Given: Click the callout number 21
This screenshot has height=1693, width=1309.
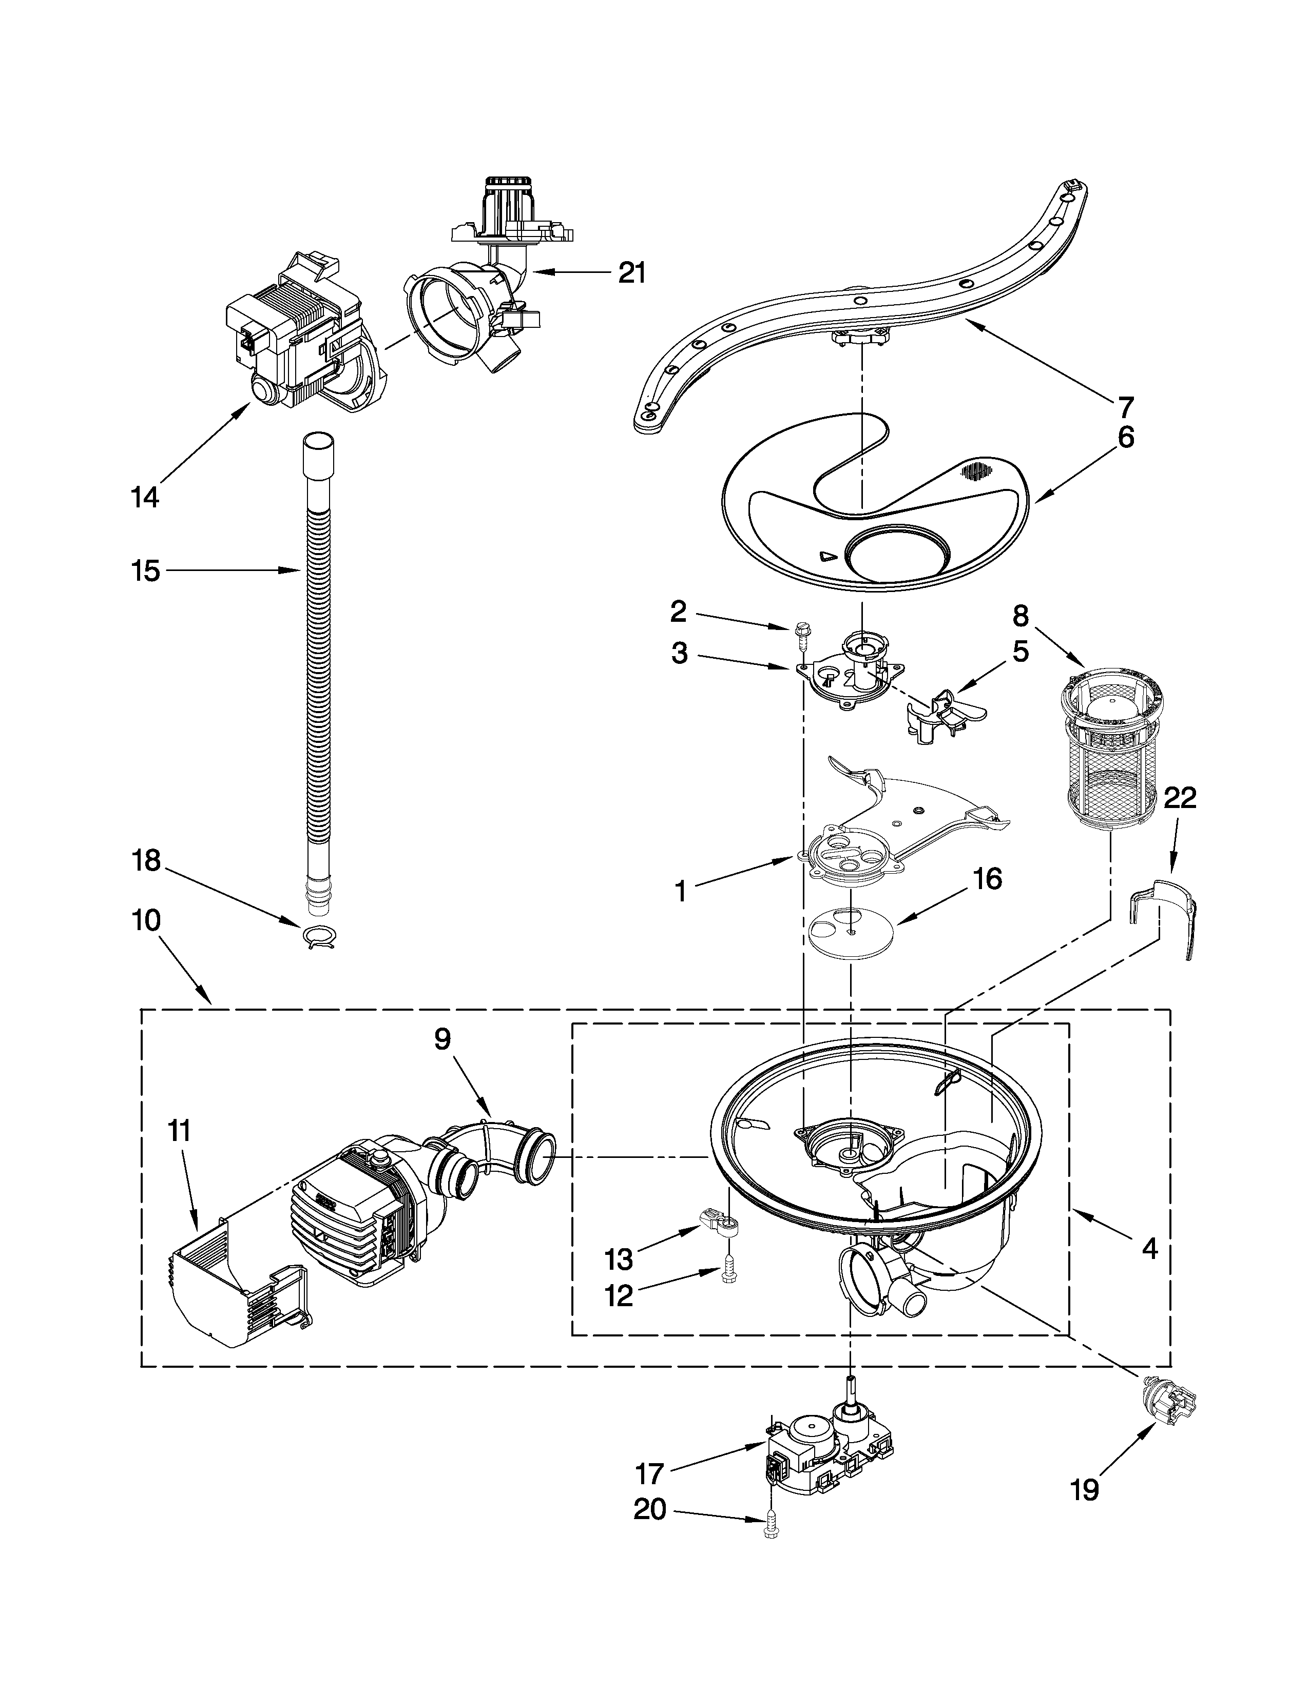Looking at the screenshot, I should click(631, 273).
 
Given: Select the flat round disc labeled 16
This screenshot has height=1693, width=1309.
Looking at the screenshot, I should click(851, 927).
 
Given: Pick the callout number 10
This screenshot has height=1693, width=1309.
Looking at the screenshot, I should click(147, 920).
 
